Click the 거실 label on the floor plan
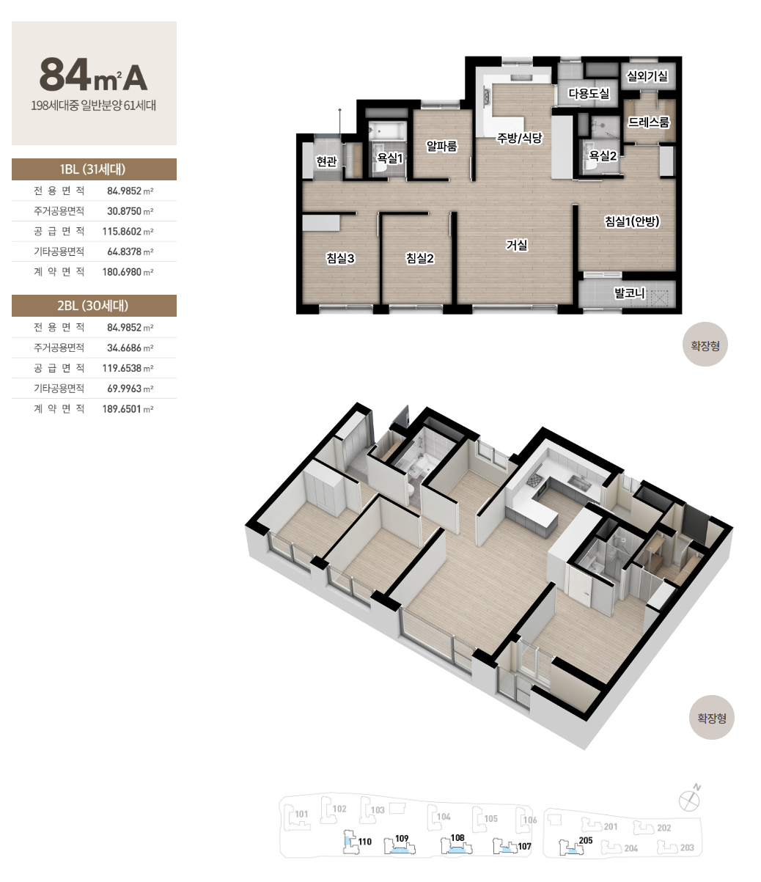tap(517, 245)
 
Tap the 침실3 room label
tap(340, 258)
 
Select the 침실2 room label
tap(420, 258)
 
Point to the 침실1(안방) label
tap(632, 221)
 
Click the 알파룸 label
tap(442, 147)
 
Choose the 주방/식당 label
tap(519, 138)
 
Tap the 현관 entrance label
tap(326, 161)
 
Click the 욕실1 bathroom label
tap(390, 158)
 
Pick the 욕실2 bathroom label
tap(603, 155)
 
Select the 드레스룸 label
tap(649, 122)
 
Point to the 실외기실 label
tap(647, 76)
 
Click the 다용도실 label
tap(589, 93)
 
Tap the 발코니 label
tap(630, 293)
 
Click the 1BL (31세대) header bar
tap(94, 169)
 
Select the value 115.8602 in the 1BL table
tap(122, 231)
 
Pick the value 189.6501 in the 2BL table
tap(122, 409)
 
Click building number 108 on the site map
tap(457, 837)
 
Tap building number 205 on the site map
tap(586, 840)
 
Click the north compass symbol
tap(690, 799)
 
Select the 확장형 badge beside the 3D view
tap(711, 719)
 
